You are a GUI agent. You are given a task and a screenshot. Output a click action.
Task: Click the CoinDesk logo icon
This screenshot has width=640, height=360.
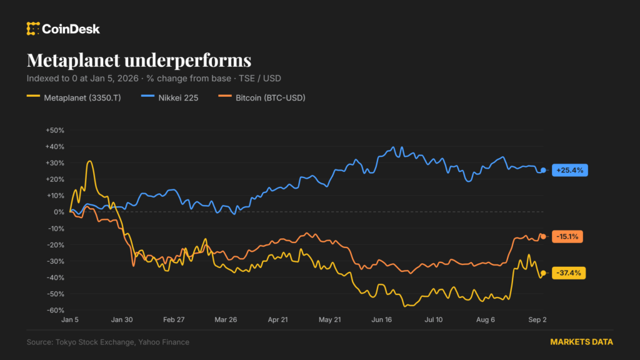(33, 29)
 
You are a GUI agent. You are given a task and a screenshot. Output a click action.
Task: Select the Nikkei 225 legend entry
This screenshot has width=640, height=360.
(170, 97)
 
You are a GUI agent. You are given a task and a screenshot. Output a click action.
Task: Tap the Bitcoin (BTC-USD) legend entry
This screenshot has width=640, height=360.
(262, 97)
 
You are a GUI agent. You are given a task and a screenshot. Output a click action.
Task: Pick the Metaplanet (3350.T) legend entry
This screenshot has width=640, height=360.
(74, 97)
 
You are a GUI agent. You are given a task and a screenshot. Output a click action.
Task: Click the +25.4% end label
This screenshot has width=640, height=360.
(570, 170)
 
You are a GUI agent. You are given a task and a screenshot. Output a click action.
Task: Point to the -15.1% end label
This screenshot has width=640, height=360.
(567, 237)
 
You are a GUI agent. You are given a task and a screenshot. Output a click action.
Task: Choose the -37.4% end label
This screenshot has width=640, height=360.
(569, 273)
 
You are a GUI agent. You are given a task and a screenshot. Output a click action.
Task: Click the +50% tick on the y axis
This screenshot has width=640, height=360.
(55, 130)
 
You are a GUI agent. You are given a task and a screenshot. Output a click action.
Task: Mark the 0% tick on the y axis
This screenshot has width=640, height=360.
(59, 212)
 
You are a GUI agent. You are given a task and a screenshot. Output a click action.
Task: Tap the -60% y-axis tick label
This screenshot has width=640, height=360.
(56, 310)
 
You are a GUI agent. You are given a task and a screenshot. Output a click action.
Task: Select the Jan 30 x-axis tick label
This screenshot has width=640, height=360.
(122, 319)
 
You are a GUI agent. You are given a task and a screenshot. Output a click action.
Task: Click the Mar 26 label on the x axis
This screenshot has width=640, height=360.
(226, 319)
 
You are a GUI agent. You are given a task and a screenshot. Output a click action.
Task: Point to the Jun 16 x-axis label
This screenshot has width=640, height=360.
(382, 319)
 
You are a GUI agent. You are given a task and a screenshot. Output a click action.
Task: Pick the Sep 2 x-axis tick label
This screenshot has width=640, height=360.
(537, 319)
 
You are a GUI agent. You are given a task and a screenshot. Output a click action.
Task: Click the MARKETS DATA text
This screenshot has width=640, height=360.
(582, 342)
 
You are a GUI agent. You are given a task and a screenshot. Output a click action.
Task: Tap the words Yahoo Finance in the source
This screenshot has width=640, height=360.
(164, 342)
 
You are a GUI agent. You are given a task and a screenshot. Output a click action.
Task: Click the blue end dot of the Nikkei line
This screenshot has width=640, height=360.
(543, 170)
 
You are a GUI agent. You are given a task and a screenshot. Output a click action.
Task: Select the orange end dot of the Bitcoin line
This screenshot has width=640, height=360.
(543, 237)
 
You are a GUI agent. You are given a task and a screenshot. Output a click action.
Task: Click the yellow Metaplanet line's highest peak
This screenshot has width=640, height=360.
(90, 162)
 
